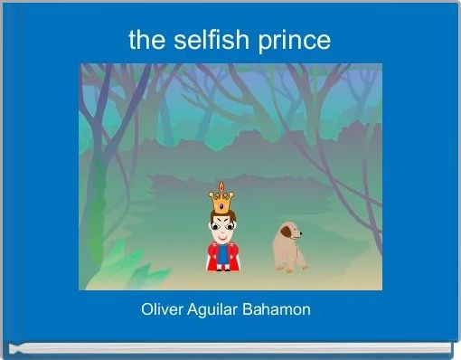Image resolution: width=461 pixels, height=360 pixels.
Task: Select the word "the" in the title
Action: [147, 40]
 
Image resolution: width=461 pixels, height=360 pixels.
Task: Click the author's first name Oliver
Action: [162, 310]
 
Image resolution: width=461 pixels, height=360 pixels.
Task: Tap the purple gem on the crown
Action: [221, 205]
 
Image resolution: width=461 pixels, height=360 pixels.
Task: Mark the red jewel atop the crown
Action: [221, 185]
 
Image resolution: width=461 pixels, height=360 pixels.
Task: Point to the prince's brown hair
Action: [221, 214]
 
